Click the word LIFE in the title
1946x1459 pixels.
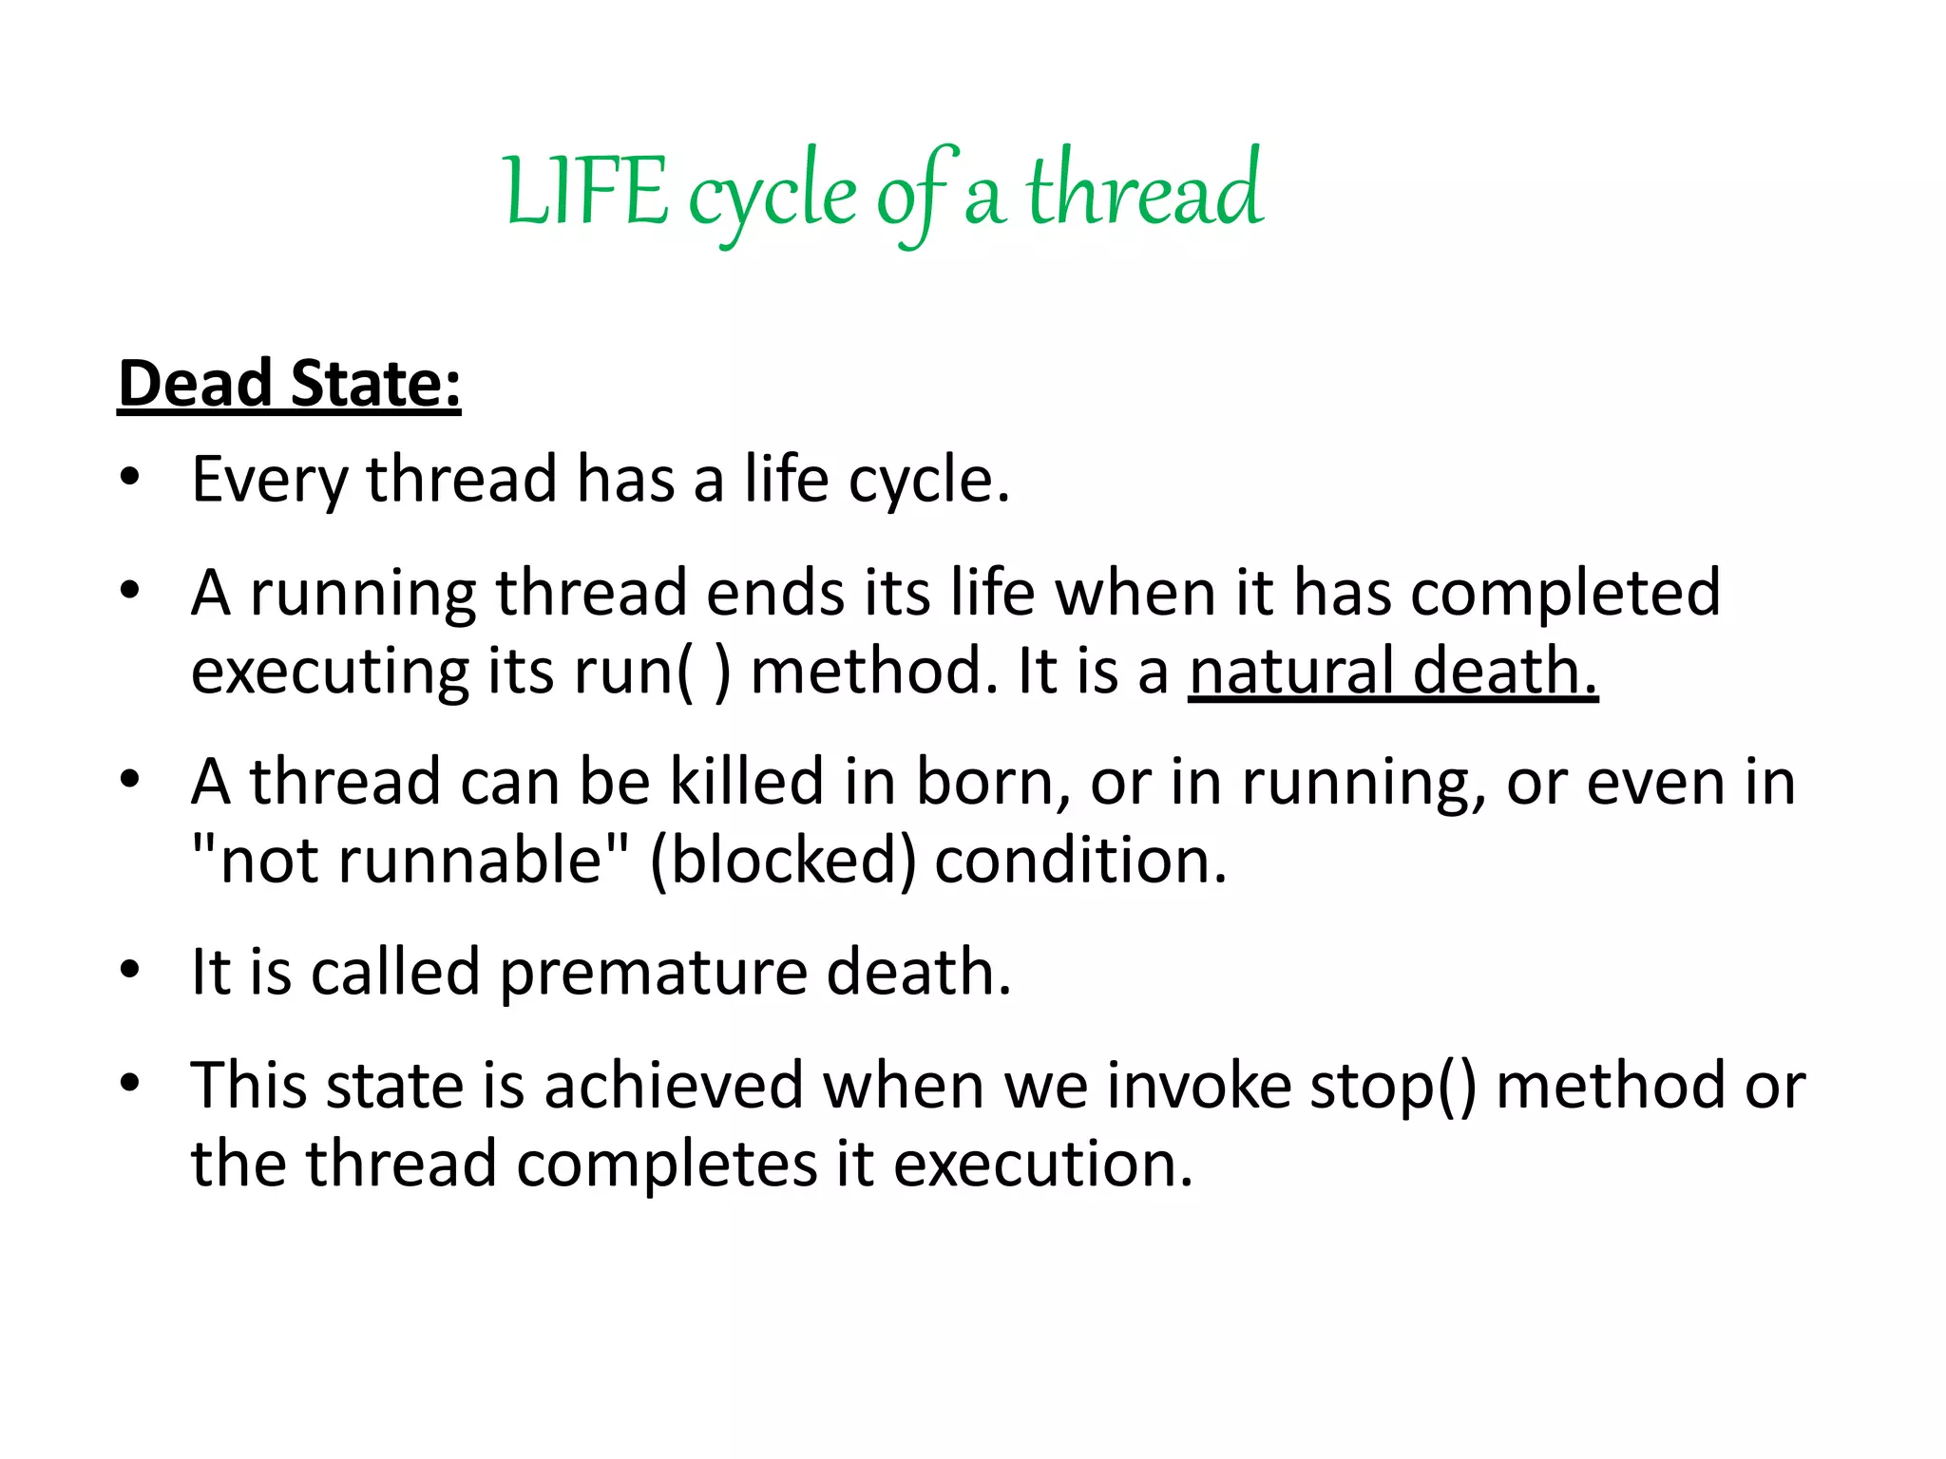point(586,193)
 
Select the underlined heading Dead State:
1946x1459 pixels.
point(289,384)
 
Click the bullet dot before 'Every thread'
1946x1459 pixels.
point(130,476)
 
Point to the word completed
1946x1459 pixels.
point(1565,593)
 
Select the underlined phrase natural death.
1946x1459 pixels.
point(1392,671)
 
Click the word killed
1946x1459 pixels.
point(746,782)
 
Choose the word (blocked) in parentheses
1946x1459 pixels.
point(783,861)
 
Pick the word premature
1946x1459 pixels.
point(653,973)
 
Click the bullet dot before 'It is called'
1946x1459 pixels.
point(130,970)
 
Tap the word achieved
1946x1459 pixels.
point(674,1086)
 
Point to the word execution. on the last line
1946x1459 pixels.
point(1042,1164)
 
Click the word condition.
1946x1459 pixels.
point(1080,861)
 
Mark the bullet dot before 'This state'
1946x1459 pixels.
point(130,1083)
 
